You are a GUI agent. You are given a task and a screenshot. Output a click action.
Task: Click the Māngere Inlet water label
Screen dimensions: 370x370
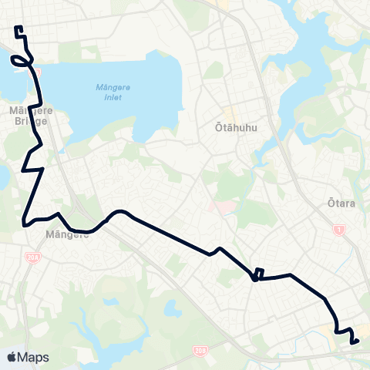pos(114,92)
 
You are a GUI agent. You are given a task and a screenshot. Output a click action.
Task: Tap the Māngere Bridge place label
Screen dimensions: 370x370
pos(29,116)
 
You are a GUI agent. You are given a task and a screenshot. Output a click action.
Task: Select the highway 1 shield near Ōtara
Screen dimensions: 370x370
pos(338,230)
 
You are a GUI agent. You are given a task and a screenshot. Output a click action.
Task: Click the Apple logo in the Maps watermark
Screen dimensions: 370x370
pos(12,357)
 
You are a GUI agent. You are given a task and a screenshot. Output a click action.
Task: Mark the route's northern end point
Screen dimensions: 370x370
pos(16,29)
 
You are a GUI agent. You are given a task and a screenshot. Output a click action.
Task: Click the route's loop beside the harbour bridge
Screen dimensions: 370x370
pos(21,61)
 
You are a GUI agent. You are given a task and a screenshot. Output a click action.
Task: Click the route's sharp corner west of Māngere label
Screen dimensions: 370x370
pos(25,224)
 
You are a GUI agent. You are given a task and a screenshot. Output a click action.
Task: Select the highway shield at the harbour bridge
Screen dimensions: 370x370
pos(35,71)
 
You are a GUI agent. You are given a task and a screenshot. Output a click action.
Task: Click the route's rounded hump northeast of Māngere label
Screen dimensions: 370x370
pos(119,212)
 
